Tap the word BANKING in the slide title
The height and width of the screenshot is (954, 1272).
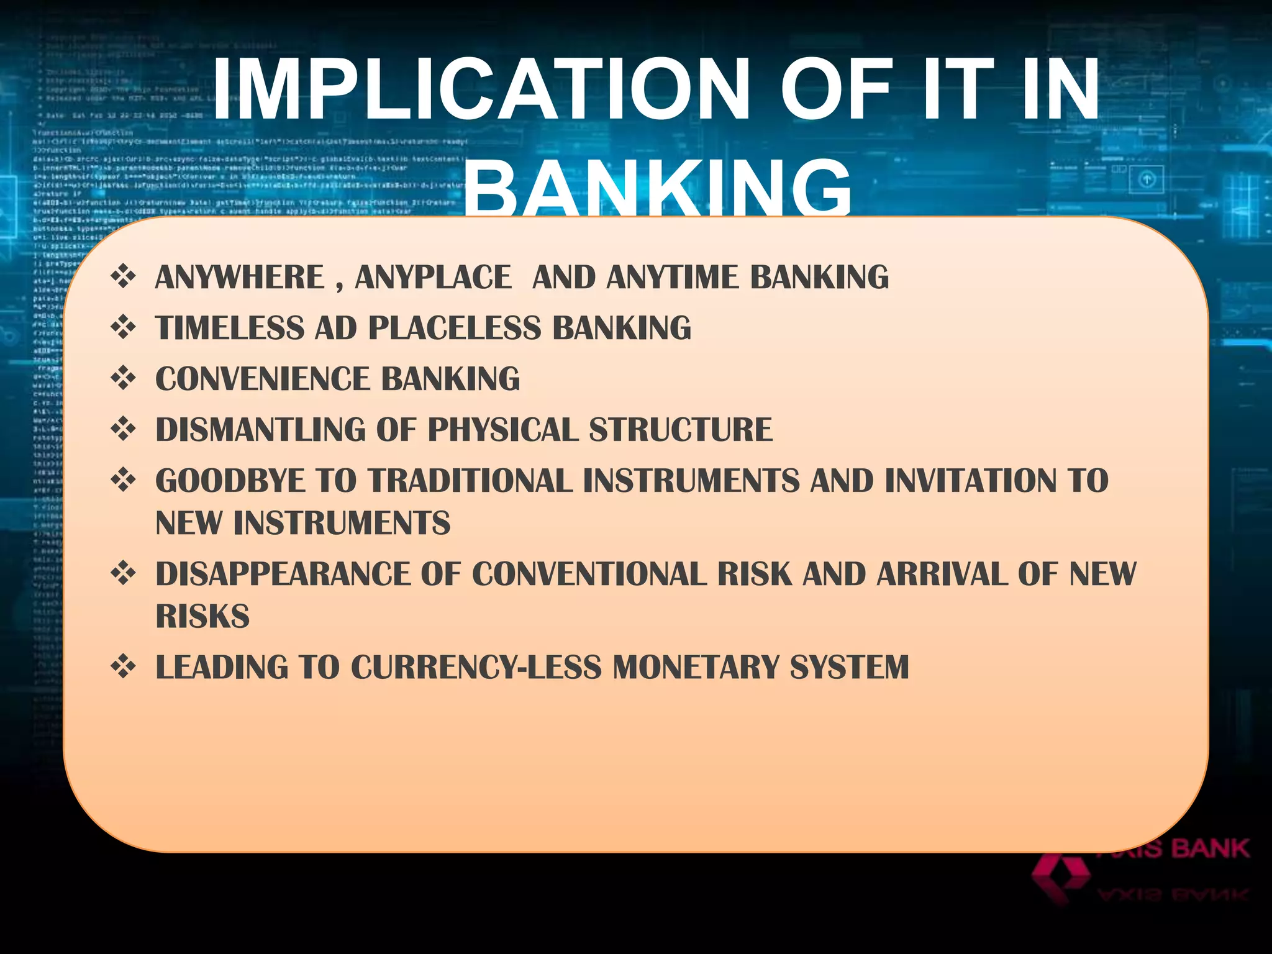click(658, 186)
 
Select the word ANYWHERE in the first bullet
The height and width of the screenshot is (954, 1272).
click(240, 277)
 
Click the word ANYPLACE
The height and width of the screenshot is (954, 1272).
click(433, 277)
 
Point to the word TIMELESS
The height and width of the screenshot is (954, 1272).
click(230, 328)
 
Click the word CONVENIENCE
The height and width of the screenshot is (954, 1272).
click(261, 379)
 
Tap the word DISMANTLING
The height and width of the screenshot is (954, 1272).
click(260, 430)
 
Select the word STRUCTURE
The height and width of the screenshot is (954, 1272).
click(681, 430)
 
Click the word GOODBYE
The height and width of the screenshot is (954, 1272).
click(230, 481)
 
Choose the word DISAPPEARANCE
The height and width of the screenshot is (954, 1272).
click(283, 574)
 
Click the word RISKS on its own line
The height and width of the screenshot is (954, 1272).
click(202, 616)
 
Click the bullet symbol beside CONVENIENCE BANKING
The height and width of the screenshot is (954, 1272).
click(123, 378)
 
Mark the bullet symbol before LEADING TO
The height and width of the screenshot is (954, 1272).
click(123, 666)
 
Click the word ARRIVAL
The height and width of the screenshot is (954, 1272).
click(942, 574)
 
